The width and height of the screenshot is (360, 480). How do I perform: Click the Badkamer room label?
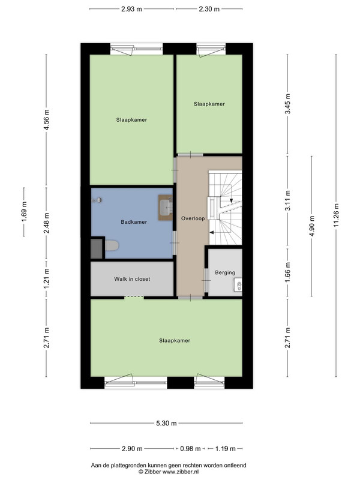(x=134, y=222)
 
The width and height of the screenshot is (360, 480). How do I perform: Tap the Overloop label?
(x=193, y=218)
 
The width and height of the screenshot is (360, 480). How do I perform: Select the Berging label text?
(x=225, y=272)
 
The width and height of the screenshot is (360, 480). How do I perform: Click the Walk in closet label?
(x=132, y=279)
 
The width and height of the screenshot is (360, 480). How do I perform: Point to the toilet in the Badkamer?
(x=112, y=245)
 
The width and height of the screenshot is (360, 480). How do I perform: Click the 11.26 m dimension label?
(x=337, y=215)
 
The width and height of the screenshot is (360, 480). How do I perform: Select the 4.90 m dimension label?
(x=312, y=226)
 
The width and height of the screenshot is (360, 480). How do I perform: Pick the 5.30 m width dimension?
(x=166, y=424)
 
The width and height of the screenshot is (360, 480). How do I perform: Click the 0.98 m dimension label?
(x=190, y=449)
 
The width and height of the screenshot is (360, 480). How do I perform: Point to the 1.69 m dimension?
(x=24, y=212)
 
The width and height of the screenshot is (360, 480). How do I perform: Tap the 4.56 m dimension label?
(x=47, y=119)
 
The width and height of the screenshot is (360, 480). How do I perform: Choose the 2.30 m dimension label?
(x=209, y=9)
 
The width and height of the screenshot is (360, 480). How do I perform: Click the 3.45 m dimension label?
(x=288, y=104)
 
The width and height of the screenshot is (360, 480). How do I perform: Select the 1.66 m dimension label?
(x=288, y=272)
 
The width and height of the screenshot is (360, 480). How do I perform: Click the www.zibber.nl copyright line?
(x=169, y=472)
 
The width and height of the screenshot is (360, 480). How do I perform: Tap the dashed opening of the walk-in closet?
(x=134, y=296)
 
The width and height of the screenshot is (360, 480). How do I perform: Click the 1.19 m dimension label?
(x=225, y=449)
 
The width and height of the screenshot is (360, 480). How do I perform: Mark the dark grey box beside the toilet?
(x=97, y=248)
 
